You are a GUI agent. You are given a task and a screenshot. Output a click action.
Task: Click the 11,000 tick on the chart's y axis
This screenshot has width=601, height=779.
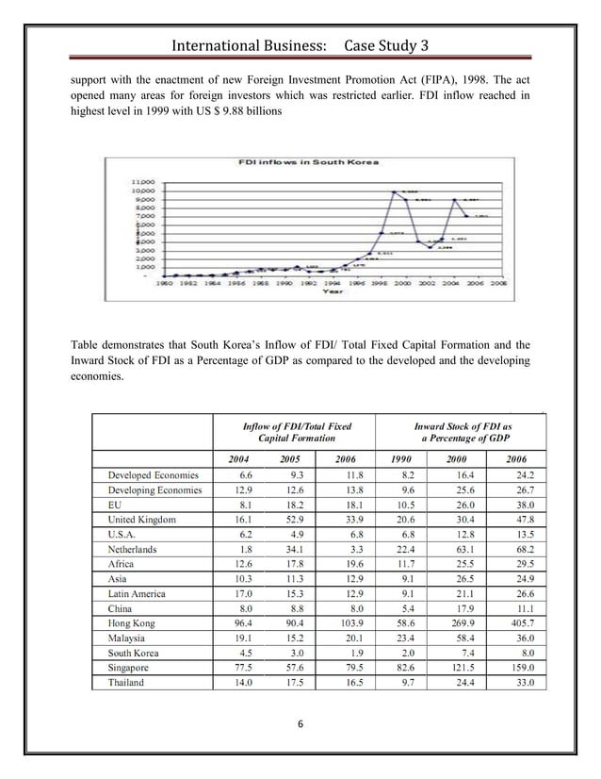tap(141, 178)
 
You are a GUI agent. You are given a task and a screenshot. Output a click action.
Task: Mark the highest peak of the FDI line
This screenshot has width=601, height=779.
tap(392, 191)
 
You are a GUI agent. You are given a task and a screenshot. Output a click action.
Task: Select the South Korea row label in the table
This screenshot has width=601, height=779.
tap(133, 653)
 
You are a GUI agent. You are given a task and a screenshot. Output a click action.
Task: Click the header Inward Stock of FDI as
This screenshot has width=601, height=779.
tap(463, 426)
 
